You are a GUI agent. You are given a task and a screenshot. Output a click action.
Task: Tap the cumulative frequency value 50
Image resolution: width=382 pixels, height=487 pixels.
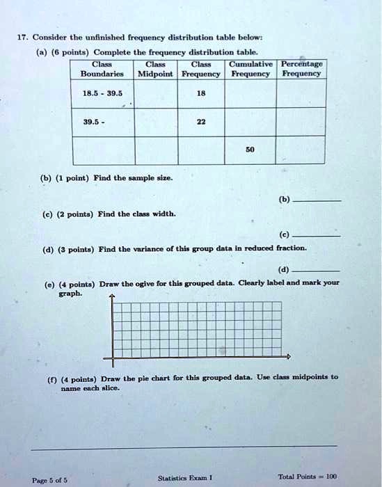click(248, 150)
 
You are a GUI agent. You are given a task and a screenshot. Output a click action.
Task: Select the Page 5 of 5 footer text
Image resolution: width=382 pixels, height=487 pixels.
click(49, 479)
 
